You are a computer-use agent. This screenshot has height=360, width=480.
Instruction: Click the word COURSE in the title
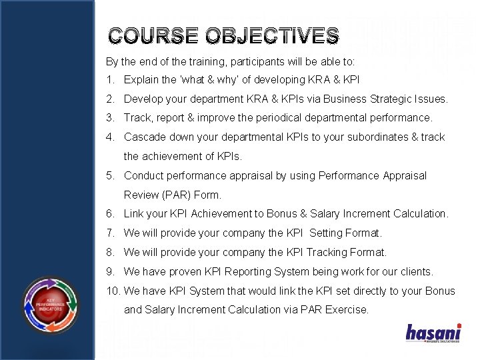click(145, 36)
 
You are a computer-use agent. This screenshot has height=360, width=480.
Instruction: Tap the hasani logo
click(433, 333)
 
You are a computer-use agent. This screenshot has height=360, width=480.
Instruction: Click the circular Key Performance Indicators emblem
click(51, 305)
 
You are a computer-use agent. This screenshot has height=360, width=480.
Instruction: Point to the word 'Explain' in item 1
click(141, 80)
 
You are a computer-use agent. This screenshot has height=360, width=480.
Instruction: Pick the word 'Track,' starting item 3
click(138, 117)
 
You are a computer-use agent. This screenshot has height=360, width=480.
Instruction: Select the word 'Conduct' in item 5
click(143, 176)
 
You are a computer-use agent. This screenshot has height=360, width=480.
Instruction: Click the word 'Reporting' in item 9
click(247, 271)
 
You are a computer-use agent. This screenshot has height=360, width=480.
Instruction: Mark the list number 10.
click(112, 291)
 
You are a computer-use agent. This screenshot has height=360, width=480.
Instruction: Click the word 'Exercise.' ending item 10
click(347, 309)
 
